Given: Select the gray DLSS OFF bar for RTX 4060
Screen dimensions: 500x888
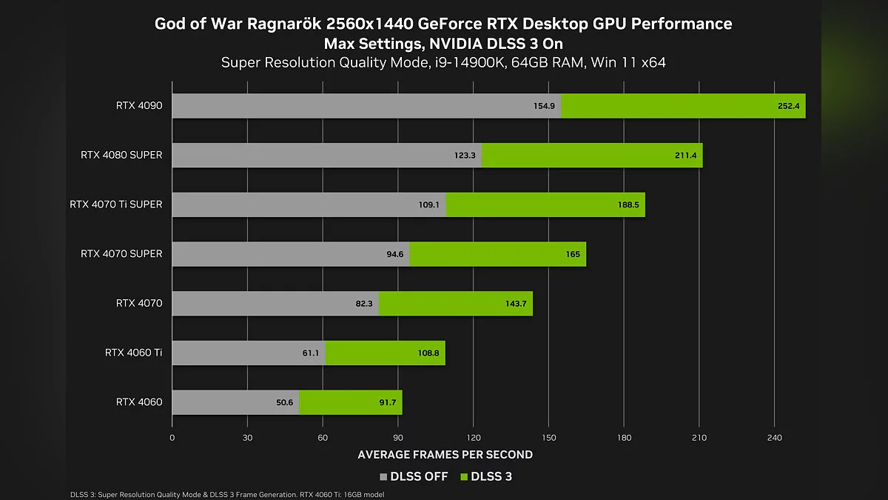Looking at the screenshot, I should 235,402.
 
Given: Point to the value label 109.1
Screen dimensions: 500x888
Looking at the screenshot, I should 428,205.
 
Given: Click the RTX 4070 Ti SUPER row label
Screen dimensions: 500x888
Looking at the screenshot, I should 115,204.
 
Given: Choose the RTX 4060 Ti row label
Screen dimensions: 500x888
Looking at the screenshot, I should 133,353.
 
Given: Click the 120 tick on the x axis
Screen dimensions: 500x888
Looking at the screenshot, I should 473,438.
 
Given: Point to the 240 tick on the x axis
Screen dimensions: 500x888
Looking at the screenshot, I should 774,438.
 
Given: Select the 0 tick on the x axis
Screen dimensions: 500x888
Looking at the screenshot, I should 172,438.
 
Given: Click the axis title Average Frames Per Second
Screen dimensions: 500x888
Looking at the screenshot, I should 445,454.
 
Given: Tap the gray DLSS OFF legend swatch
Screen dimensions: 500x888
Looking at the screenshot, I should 383,477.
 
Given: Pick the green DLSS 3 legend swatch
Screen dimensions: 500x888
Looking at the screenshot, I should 465,477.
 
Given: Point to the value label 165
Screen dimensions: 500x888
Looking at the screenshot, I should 573,254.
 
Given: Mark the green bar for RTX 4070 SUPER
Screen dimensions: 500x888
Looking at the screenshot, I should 497,254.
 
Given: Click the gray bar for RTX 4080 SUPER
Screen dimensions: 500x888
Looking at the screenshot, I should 326,156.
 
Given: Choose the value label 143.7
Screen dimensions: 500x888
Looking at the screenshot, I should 516,304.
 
